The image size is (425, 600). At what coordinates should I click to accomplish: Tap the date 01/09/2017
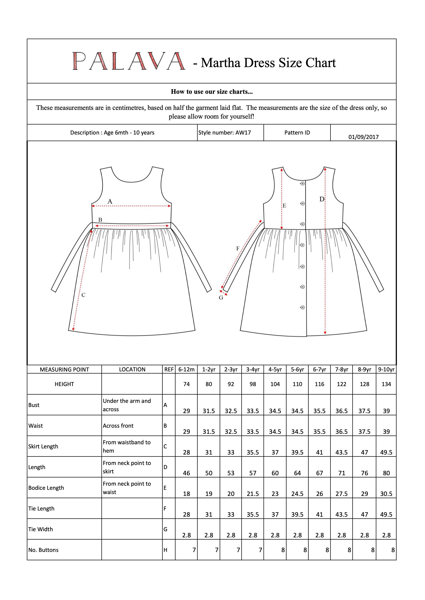pyautogui.click(x=363, y=137)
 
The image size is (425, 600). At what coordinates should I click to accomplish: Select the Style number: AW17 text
pyautogui.click(x=224, y=132)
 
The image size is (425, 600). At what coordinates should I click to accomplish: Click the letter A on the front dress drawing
pyautogui.click(x=110, y=201)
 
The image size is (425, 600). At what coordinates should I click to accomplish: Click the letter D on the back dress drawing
pyautogui.click(x=322, y=199)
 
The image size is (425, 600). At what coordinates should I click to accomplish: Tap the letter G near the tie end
pyautogui.click(x=221, y=298)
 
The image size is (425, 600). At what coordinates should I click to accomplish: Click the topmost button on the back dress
pyautogui.click(x=302, y=183)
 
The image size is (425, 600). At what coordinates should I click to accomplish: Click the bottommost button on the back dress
pyautogui.click(x=302, y=307)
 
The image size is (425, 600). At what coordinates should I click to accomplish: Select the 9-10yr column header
pyautogui.click(x=386, y=369)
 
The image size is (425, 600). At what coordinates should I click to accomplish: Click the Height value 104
pyautogui.click(x=275, y=384)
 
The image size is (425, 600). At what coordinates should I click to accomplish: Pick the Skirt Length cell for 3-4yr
pyautogui.click(x=253, y=452)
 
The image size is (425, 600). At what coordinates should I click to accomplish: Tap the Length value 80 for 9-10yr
pyautogui.click(x=386, y=473)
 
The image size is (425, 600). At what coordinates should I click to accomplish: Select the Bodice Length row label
pyautogui.click(x=46, y=488)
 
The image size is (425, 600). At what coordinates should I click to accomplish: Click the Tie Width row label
pyautogui.click(x=41, y=529)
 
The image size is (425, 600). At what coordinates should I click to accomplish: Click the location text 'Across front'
pyautogui.click(x=118, y=426)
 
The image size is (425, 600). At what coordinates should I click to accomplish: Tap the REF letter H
pyautogui.click(x=165, y=550)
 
